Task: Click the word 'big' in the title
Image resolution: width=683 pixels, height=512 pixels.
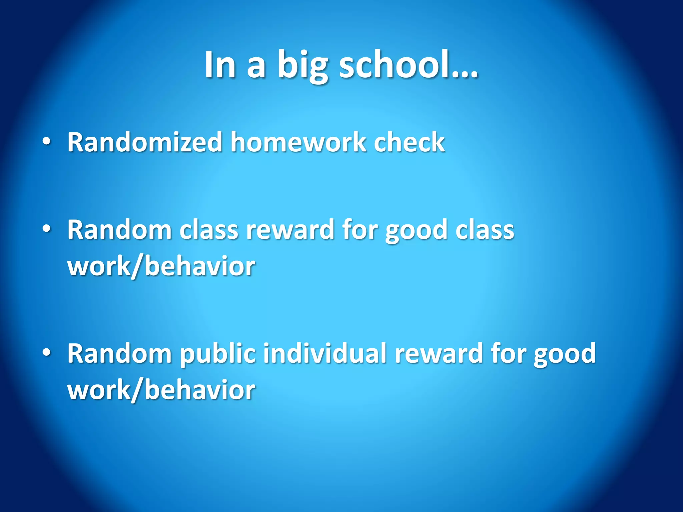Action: tap(302, 65)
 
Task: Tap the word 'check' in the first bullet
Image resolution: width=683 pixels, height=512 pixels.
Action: tap(409, 142)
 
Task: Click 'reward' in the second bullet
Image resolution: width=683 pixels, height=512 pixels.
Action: tap(290, 230)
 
